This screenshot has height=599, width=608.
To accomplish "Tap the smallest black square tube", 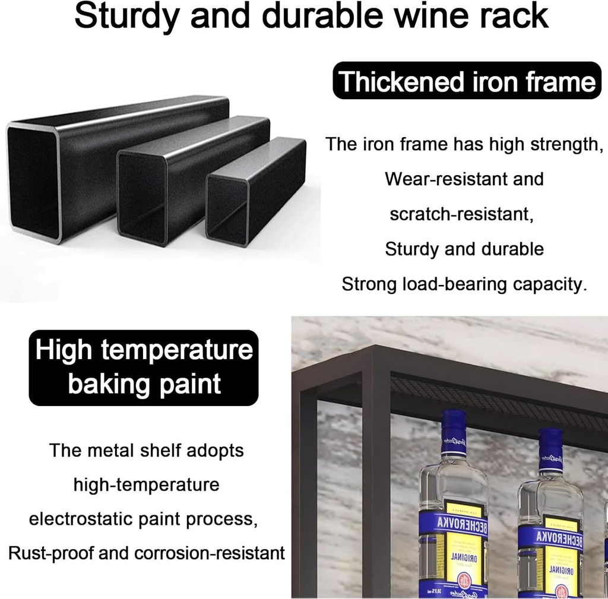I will (255, 190).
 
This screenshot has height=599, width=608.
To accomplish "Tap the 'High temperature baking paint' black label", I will (143, 367).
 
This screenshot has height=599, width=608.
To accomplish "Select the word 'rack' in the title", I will (514, 16).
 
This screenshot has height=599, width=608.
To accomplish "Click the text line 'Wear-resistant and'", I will (464, 179).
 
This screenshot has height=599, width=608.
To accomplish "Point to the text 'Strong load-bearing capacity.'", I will (464, 284).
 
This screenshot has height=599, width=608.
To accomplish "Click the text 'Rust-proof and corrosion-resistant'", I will (146, 553).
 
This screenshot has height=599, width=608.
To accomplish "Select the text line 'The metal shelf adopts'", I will (146, 450).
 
